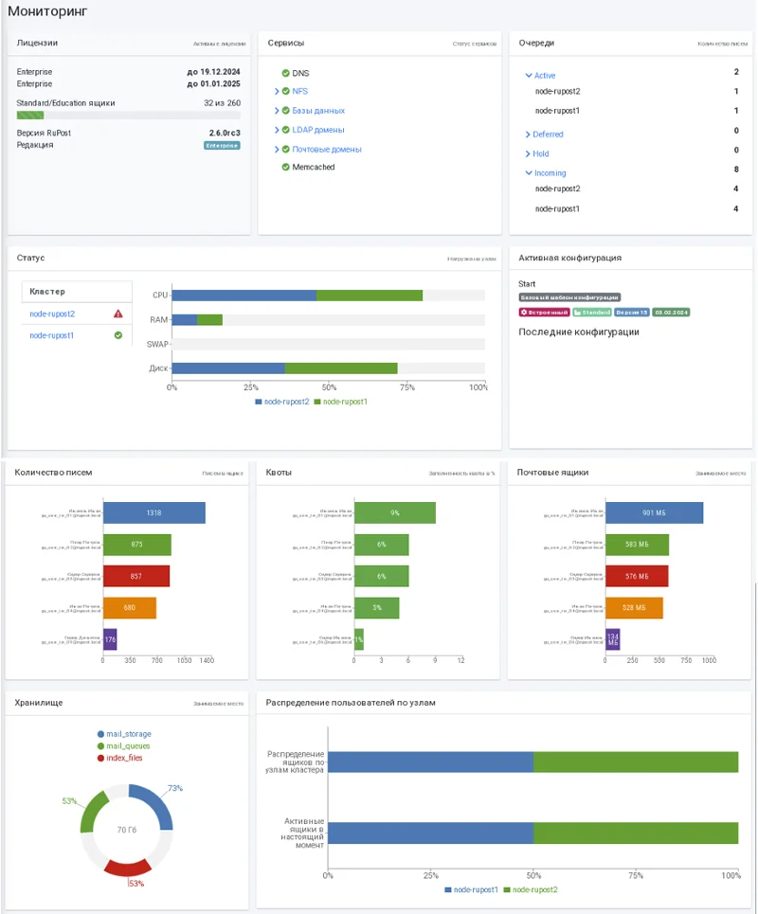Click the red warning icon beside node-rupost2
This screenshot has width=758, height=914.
click(118, 314)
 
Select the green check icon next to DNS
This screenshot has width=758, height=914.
click(285, 73)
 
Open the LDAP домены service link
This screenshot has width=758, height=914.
click(317, 130)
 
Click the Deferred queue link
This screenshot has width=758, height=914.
click(548, 134)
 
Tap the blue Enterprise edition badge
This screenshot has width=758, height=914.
click(222, 146)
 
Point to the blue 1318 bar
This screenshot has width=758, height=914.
click(153, 512)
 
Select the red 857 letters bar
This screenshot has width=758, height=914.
click(136, 576)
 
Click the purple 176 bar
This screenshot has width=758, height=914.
click(110, 639)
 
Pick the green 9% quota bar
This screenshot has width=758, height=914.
click(394, 512)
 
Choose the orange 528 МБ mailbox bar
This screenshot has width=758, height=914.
click(634, 608)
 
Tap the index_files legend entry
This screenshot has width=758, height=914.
click(124, 758)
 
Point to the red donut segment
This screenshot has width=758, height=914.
click(127, 867)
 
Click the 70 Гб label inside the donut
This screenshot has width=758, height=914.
click(128, 831)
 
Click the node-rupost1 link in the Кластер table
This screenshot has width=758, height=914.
click(52, 335)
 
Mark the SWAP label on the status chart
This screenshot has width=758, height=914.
click(158, 344)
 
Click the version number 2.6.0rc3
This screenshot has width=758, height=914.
click(225, 133)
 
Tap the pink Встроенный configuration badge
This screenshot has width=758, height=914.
click(544, 312)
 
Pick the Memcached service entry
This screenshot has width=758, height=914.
click(313, 168)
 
